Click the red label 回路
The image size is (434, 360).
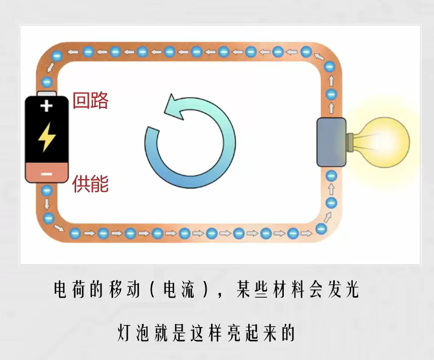pyautogui.click(x=90, y=101)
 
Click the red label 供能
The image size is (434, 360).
pyautogui.click(x=90, y=184)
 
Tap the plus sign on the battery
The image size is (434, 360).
pyautogui.click(x=46, y=106)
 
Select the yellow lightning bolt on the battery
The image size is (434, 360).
pyautogui.click(x=47, y=137)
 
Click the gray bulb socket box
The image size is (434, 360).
pyautogui.click(x=331, y=142)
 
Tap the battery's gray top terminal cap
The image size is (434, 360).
pyautogui.click(x=47, y=94)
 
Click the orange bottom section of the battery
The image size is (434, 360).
pyautogui.click(x=47, y=173)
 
